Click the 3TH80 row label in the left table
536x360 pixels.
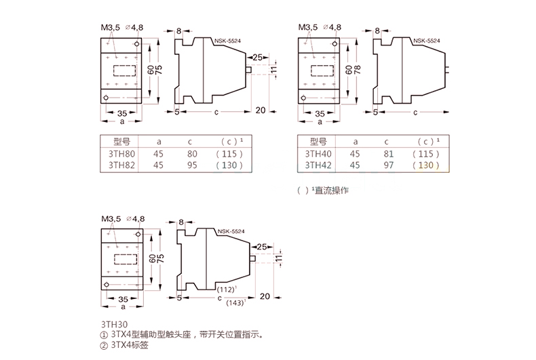pyautogui.click(x=121, y=154)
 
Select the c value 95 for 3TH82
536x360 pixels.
pyautogui.click(x=192, y=165)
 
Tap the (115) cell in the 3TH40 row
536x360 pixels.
pyautogui.click(x=425, y=154)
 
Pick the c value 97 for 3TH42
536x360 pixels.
pyautogui.click(x=389, y=165)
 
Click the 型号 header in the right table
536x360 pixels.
pyautogui.click(x=318, y=142)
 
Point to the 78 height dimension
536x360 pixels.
pyautogui.click(x=358, y=70)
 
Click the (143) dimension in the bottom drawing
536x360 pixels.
pyautogui.click(x=235, y=302)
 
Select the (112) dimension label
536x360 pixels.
pyautogui.click(x=227, y=289)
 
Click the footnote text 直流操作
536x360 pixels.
pyautogui.click(x=331, y=191)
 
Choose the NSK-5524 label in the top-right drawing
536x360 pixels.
pyautogui.click(x=427, y=41)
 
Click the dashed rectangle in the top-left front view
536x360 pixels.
pyautogui.click(x=124, y=71)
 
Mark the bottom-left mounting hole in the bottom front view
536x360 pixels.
pyautogui.click(x=107, y=285)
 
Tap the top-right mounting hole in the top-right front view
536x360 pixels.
pyautogui.click(x=334, y=43)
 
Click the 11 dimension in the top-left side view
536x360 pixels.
pyautogui.click(x=273, y=70)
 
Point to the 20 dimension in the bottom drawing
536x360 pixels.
pyautogui.click(x=265, y=296)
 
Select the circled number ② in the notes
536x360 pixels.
pyautogui.click(x=104, y=346)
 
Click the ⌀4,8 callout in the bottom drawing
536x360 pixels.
pyautogui.click(x=136, y=218)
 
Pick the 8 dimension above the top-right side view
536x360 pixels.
pyautogui.click(x=377, y=31)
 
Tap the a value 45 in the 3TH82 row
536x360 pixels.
pyautogui.click(x=158, y=165)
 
